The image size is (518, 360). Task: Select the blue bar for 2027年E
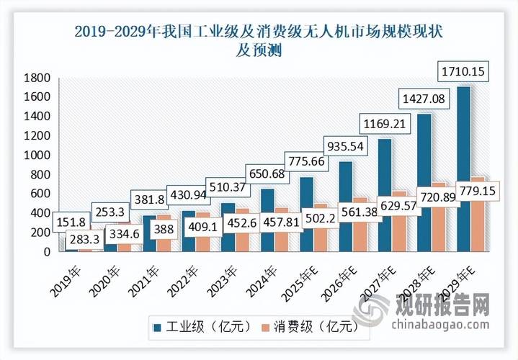(x=385, y=194)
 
